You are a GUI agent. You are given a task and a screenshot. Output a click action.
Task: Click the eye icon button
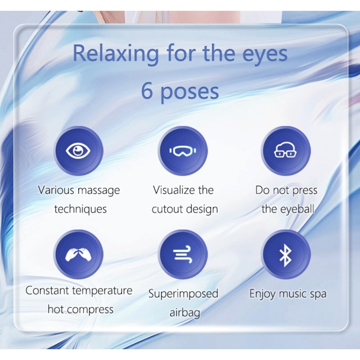pyautogui.click(x=78, y=151)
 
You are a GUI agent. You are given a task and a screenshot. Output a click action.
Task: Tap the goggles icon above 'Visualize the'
pyautogui.click(x=183, y=151)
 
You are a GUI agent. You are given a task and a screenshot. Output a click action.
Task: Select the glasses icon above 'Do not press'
pyautogui.click(x=285, y=151)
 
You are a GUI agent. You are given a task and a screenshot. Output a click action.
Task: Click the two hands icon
pyautogui.click(x=78, y=255)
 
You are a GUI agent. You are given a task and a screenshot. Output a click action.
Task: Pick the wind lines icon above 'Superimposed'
pyautogui.click(x=183, y=255)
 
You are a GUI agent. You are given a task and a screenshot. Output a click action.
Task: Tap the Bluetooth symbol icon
pyautogui.click(x=285, y=255)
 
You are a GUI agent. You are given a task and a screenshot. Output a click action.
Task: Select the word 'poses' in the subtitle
pyautogui.click(x=189, y=91)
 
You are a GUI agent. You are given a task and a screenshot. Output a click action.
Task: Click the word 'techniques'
pyautogui.click(x=80, y=209)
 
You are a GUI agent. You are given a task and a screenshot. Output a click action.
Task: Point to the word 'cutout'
pyautogui.click(x=165, y=209)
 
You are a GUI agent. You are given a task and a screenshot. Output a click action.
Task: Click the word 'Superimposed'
pyautogui.click(x=183, y=294)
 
